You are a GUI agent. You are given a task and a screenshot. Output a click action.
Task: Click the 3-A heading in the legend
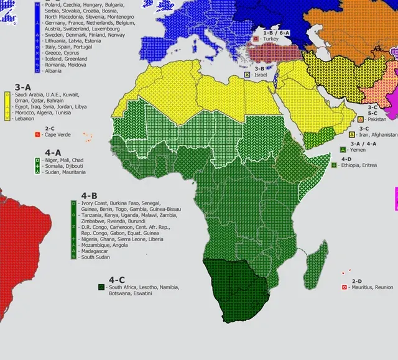click(23, 88)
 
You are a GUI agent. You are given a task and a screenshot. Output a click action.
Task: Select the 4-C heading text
click(116, 280)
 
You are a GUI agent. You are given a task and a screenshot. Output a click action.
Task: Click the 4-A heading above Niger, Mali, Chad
click(53, 152)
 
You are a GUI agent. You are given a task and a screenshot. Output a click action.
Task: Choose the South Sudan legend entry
click(97, 257)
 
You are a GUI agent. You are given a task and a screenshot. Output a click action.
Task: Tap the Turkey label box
click(271, 39)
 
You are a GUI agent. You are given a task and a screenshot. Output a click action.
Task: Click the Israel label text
click(262, 75)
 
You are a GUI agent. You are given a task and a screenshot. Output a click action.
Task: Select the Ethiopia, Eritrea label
click(359, 165)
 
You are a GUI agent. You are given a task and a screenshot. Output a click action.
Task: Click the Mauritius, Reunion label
click(372, 288)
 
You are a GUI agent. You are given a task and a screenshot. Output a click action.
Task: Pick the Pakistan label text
click(377, 119)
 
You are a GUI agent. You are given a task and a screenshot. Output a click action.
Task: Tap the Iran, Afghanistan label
click(377, 134)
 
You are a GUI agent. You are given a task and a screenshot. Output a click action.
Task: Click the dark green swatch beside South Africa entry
click(101, 287)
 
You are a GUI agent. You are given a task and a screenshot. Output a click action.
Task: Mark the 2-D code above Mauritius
click(357, 281)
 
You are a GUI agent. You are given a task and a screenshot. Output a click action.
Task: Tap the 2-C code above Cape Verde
click(50, 128)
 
